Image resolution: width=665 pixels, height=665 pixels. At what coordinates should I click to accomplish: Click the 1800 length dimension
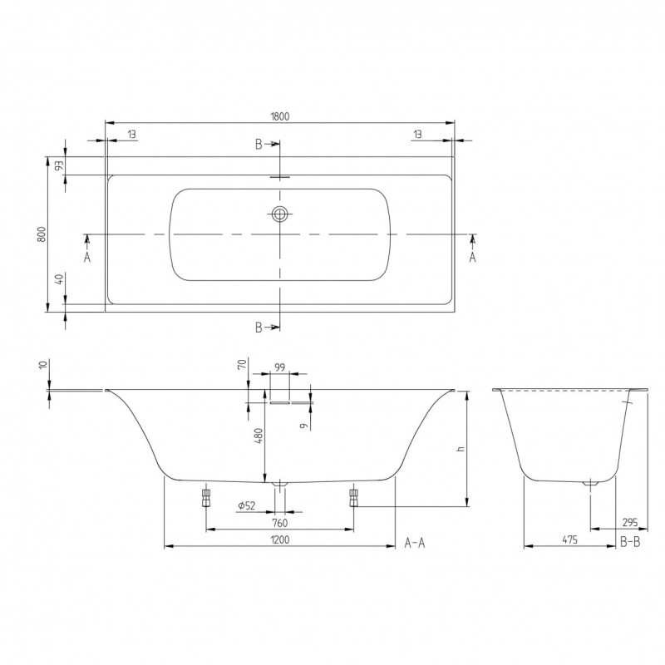click(x=279, y=116)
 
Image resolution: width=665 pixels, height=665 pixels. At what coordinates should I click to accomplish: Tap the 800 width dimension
click(x=41, y=234)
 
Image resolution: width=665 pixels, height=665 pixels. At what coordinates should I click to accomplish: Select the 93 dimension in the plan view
click(x=60, y=165)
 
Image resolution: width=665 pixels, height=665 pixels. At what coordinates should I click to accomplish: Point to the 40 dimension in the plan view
click(x=60, y=278)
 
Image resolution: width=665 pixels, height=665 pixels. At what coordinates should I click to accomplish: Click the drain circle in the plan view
click(x=279, y=214)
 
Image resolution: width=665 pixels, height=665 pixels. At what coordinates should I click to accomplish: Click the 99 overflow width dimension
click(x=279, y=367)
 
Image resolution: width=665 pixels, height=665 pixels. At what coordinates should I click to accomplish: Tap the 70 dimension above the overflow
click(x=242, y=364)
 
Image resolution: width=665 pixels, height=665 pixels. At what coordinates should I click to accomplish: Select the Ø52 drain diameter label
click(x=247, y=505)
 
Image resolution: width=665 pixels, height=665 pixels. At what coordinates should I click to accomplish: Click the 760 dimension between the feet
click(x=279, y=523)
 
